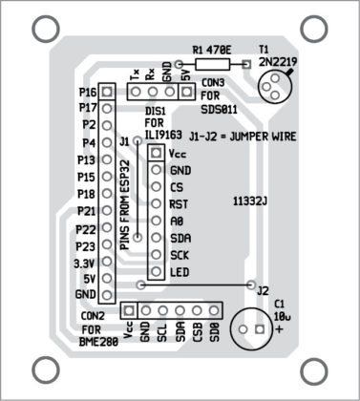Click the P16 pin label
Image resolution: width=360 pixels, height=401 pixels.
click(89, 94)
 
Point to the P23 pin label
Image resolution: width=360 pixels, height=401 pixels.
click(86, 246)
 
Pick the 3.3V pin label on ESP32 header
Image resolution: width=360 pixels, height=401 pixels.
click(86, 263)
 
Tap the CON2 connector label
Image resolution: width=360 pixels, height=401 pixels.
click(93, 316)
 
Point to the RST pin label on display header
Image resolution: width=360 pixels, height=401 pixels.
click(178, 204)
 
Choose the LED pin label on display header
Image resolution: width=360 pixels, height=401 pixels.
click(179, 273)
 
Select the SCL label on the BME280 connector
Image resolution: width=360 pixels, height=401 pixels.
click(162, 332)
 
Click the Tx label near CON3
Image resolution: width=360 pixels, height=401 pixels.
click(135, 74)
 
